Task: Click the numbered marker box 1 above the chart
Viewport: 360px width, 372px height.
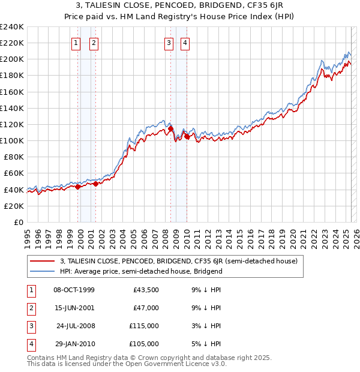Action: pyautogui.click(x=77, y=43)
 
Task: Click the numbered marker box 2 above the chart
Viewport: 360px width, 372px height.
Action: pyautogui.click(x=94, y=43)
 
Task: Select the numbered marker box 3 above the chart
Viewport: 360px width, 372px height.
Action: pyautogui.click(x=169, y=43)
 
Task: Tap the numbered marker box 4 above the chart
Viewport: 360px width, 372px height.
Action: pyautogui.click(x=185, y=43)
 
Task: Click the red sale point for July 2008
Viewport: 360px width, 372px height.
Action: pyautogui.click(x=170, y=128)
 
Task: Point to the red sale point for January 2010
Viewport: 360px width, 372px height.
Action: pyautogui.click(x=187, y=137)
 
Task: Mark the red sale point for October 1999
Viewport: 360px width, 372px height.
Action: pyautogui.click(x=77, y=187)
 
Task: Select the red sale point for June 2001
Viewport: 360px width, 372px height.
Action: pyautogui.click(x=95, y=184)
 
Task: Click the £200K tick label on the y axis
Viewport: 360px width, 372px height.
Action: pyautogui.click(x=12, y=59)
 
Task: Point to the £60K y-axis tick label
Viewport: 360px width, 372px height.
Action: pyautogui.click(x=14, y=173)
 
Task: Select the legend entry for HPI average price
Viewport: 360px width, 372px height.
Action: pyautogui.click(x=141, y=271)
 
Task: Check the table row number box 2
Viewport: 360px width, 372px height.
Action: pyautogui.click(x=29, y=308)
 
